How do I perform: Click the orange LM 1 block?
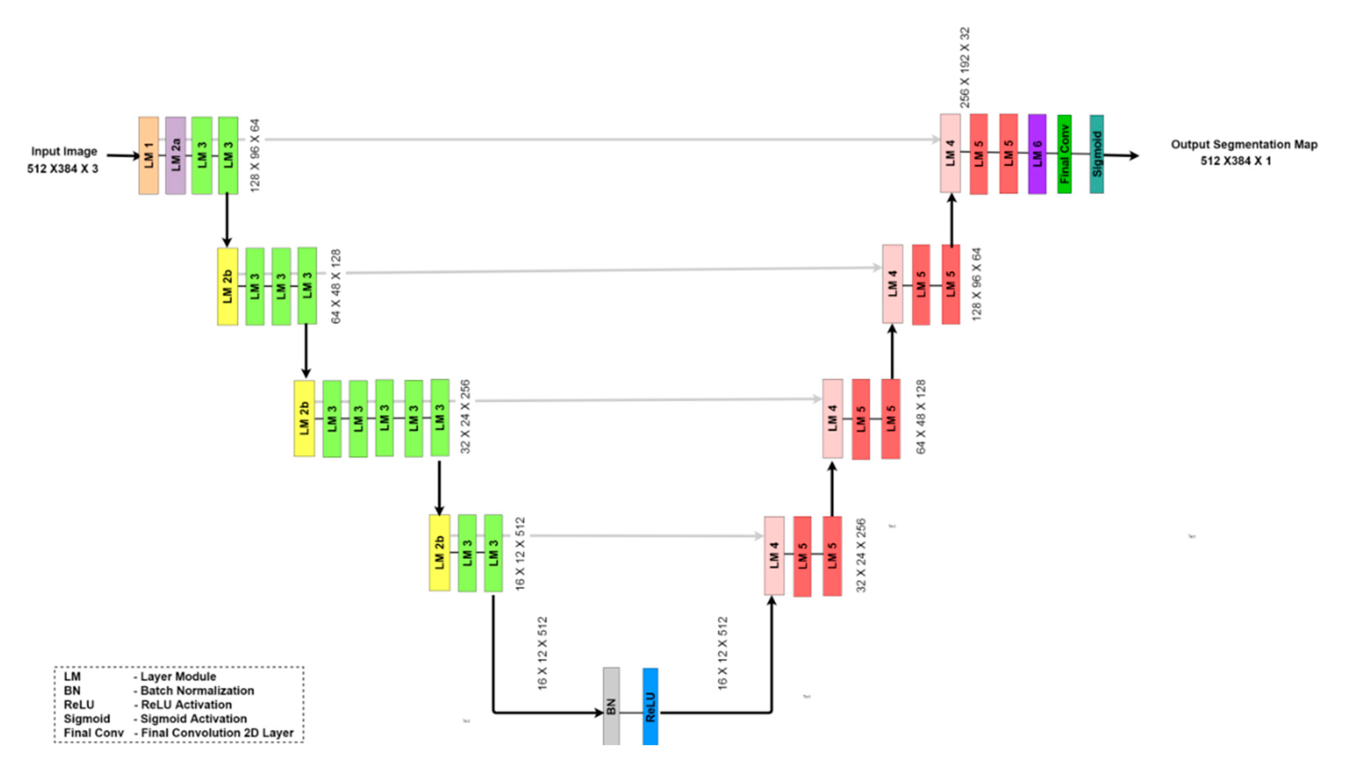point(148,155)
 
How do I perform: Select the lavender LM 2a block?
point(175,155)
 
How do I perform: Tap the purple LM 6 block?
point(1037,154)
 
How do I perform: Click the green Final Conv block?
point(1064,154)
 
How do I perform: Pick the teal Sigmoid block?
point(1096,154)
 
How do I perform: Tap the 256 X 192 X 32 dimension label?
point(965,67)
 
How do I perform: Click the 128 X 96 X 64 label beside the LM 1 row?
point(255,155)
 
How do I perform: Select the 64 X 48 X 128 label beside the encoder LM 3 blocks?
point(336,286)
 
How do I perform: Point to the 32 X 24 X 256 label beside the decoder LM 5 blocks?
point(861,555)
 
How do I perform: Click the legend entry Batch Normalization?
point(197,691)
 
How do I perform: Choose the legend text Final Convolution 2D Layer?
point(217,732)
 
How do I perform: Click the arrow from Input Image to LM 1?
point(123,155)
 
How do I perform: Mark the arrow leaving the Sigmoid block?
point(1121,155)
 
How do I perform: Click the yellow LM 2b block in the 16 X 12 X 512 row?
point(439,553)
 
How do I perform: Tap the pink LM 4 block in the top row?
point(950,153)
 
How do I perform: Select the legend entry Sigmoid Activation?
point(193,718)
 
